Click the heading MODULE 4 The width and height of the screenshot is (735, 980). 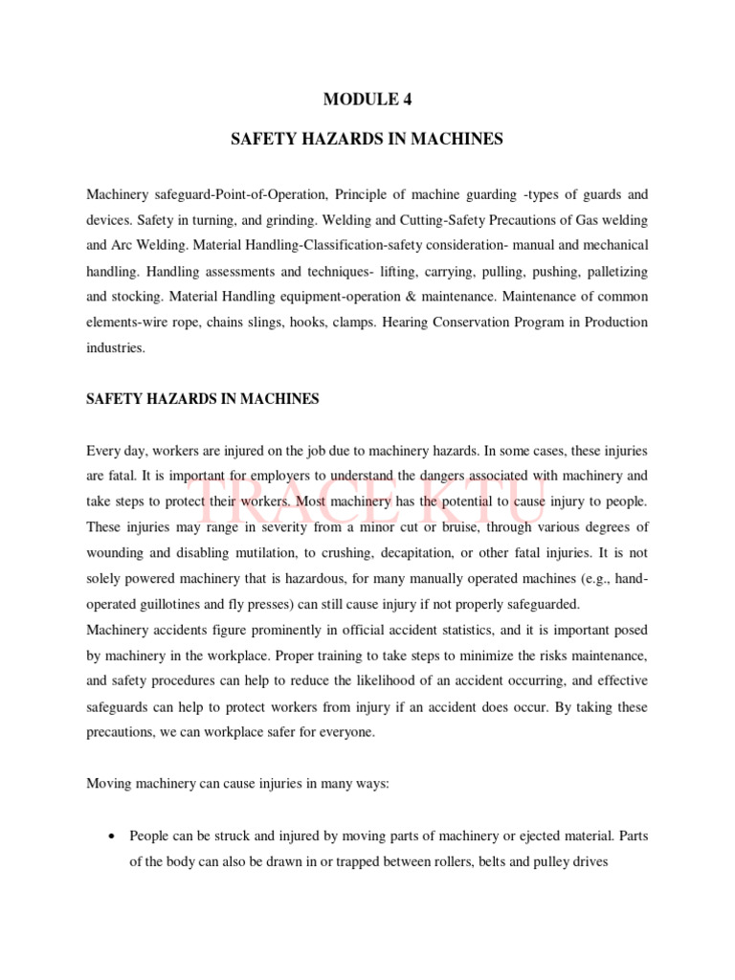click(367, 98)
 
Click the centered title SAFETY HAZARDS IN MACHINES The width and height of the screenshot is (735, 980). click(367, 140)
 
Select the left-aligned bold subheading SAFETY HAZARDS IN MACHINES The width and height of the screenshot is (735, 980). click(202, 399)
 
